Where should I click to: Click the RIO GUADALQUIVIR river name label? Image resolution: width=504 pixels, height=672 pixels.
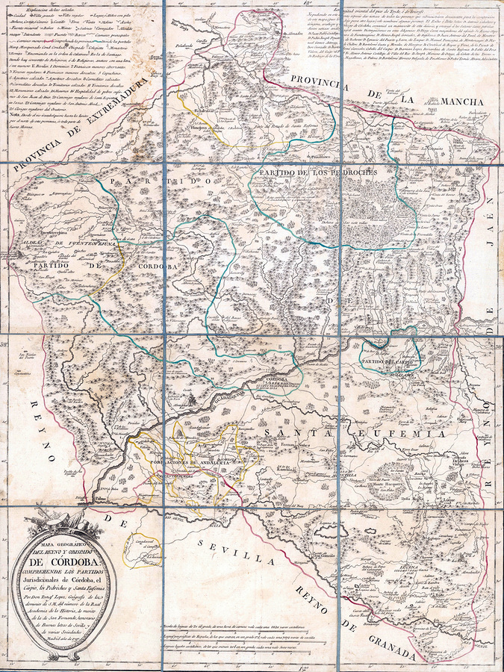(x=214, y=407)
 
